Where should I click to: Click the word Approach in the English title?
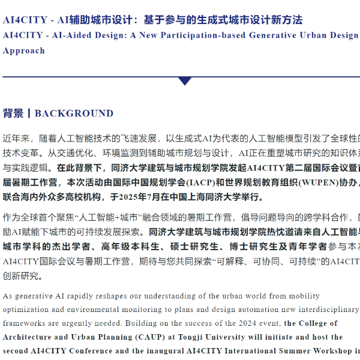(24, 51)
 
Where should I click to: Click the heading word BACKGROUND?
(74, 113)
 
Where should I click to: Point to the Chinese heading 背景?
(13, 113)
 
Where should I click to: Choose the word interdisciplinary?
(328, 309)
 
